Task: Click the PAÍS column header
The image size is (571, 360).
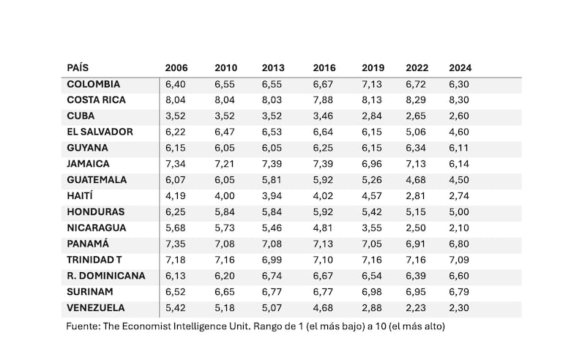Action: coord(78,68)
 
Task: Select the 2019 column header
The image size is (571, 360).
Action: coord(373,68)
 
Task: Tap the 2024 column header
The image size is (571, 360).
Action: coord(460,68)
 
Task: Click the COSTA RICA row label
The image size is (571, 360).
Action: coord(97,100)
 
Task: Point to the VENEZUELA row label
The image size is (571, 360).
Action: coord(95,308)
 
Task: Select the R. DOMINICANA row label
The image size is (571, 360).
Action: coord(105,276)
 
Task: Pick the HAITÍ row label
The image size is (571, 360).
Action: coord(82,196)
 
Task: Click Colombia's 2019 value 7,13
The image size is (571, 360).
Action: coord(373,84)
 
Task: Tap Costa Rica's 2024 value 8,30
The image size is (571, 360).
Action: coord(459,100)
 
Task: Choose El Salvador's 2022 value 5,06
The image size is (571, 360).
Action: coord(417,132)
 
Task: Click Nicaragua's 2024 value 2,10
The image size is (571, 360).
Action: coord(459,228)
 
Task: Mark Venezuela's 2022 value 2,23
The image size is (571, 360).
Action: coord(417,308)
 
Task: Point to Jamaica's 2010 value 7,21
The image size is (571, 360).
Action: coord(225,164)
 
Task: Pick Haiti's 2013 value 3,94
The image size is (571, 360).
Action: coord(272,196)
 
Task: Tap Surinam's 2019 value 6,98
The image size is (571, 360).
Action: coord(373,292)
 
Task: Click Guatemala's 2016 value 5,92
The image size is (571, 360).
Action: coord(324,180)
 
